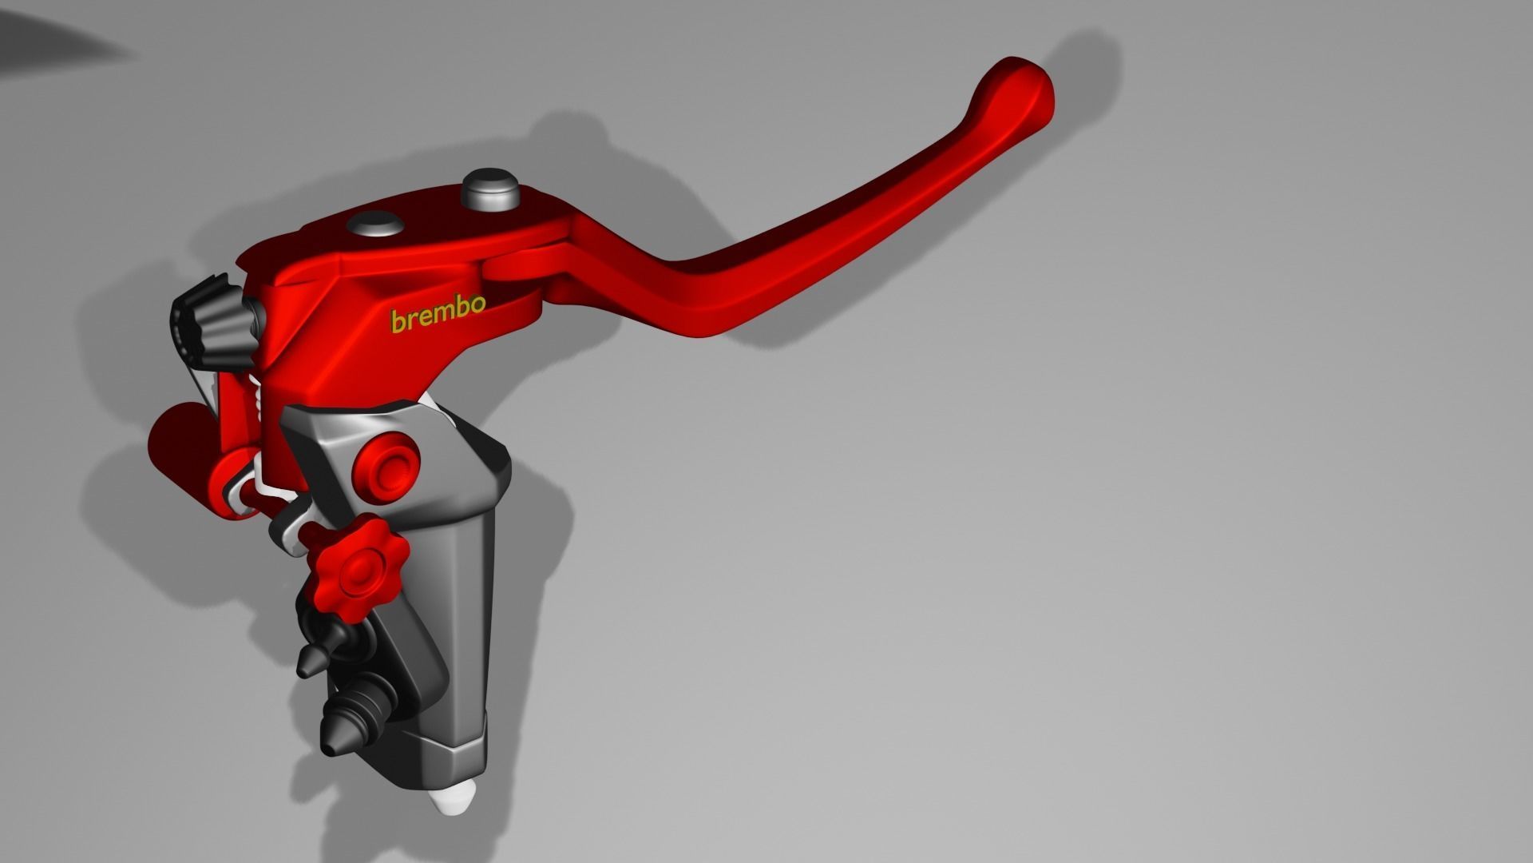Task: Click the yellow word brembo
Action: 438,314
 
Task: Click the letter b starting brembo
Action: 397,321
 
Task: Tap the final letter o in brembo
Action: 477,304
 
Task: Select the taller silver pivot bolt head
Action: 490,189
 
